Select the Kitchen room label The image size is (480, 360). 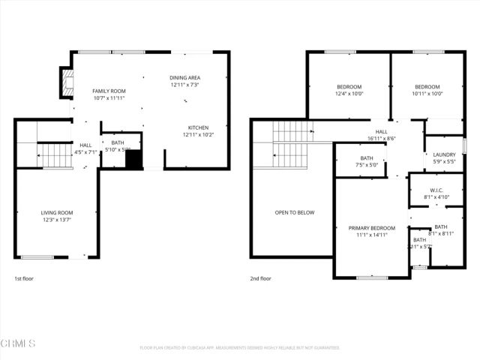198,127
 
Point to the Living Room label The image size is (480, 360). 56,212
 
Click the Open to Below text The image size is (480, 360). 294,212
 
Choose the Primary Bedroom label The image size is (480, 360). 371,227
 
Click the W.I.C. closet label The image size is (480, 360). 437,190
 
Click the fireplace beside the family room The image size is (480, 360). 67,83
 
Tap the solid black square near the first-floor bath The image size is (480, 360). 133,161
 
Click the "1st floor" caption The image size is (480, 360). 24,278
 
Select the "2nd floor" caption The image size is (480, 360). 260,278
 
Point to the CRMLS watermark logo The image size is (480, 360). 18,343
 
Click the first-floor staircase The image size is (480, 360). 53,156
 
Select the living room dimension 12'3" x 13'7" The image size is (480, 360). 56,220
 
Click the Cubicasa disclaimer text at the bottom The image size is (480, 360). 240,348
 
